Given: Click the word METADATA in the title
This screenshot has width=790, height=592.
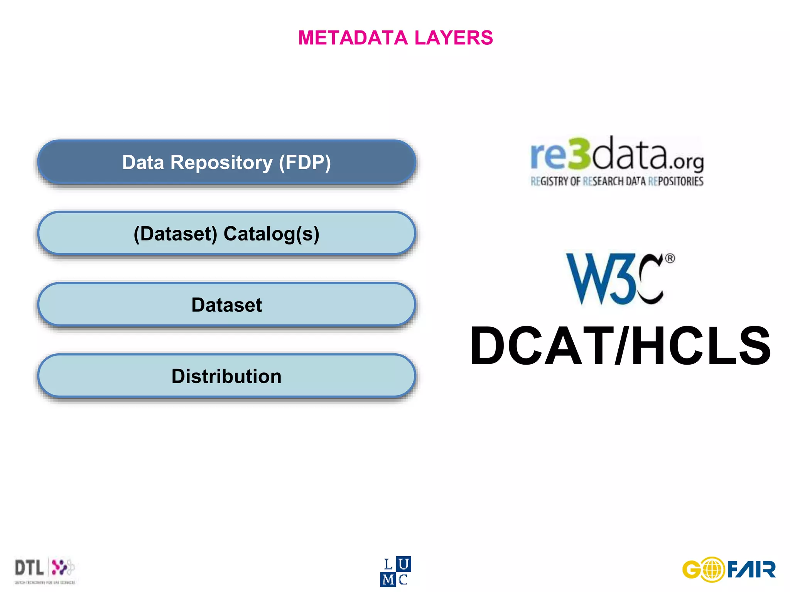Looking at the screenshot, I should [353, 38].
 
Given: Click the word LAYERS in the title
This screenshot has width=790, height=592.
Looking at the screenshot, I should [454, 38].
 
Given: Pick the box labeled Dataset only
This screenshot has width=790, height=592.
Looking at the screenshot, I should [226, 305].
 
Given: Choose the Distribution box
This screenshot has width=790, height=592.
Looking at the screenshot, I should [226, 376].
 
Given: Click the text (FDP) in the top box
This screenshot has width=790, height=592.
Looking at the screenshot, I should [305, 162].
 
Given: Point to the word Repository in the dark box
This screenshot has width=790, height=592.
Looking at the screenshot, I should [221, 162].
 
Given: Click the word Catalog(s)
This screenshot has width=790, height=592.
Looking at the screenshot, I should [271, 234].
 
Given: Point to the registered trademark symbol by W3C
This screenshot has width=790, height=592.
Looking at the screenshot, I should [670, 258].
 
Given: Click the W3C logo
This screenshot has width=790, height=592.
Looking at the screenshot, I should [616, 279].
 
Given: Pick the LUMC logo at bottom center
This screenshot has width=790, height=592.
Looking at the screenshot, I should [395, 572].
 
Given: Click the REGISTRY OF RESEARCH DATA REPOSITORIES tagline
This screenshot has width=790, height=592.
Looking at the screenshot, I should [617, 181].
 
